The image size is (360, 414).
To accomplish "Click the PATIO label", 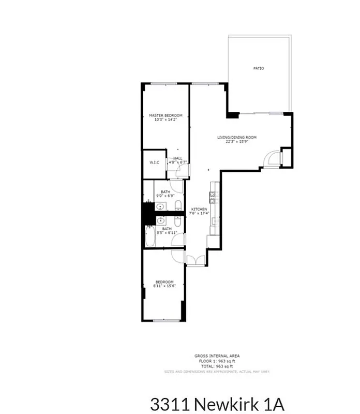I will [259, 68].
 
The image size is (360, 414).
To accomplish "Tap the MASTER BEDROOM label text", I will [166, 115].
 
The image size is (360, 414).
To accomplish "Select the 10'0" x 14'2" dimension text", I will [166, 120].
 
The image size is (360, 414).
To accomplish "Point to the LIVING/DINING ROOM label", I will [236, 137].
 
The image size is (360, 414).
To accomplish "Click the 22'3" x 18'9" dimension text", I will [236, 142].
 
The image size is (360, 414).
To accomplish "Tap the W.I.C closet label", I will [154, 162].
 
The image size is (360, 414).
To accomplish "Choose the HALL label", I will [177, 158].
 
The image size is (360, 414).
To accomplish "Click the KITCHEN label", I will [199, 209].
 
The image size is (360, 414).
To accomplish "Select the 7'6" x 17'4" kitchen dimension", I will [199, 213].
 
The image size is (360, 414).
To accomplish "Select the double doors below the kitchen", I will [195, 260].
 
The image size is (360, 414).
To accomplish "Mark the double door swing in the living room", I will [271, 159].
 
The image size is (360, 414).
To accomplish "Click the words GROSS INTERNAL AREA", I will [217, 356].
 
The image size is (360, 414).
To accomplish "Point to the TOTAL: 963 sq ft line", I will [217, 365].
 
